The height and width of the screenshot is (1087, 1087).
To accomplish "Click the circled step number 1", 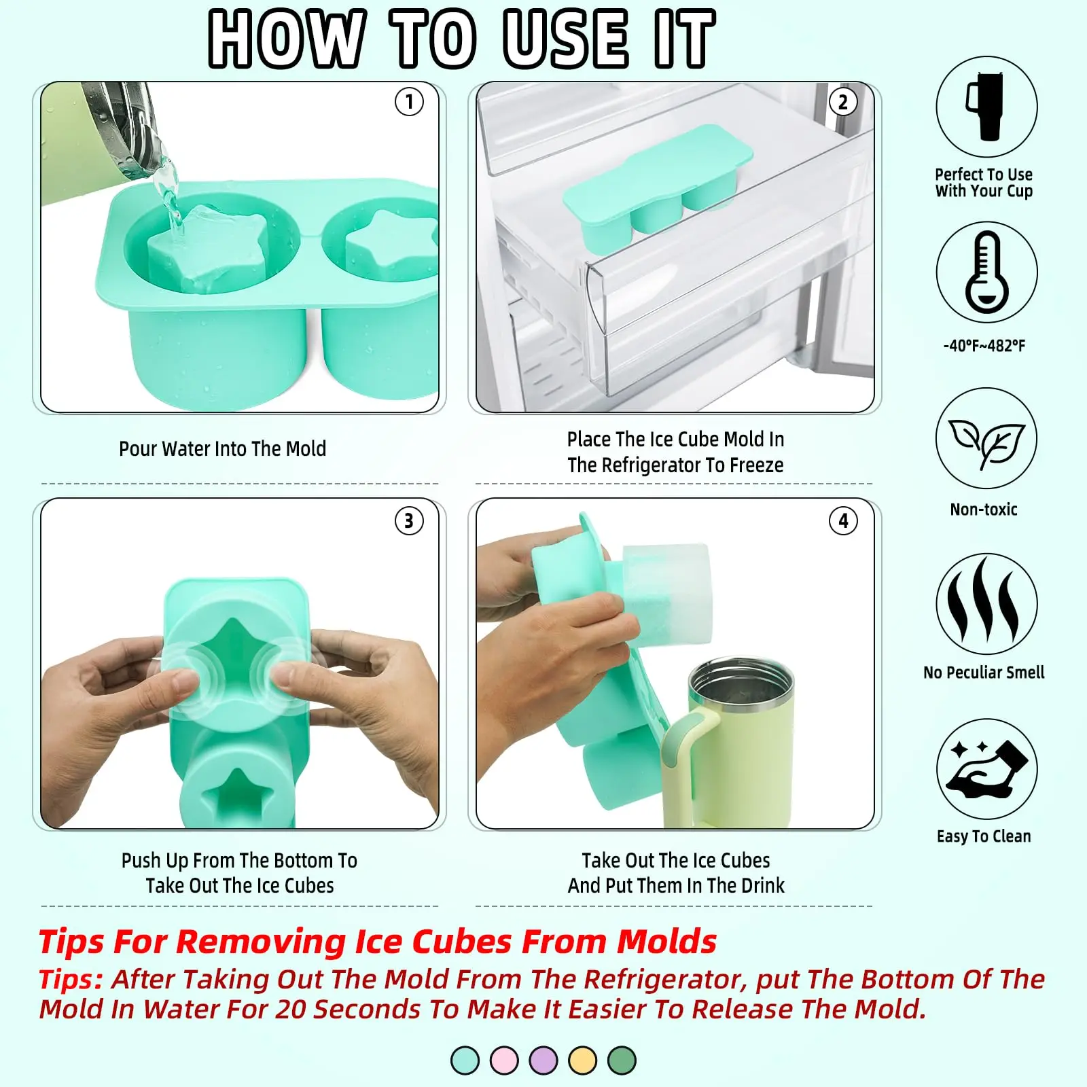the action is coord(409,102).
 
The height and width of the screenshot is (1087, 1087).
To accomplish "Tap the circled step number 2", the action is coord(843,102).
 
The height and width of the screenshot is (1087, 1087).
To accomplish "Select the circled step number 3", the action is coord(409,521).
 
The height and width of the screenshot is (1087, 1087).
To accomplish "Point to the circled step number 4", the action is coord(843,521).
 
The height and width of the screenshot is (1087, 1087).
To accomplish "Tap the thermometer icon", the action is coord(986,272).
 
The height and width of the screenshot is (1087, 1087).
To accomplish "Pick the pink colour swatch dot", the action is coord(504,1061).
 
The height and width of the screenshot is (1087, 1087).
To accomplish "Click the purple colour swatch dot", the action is coord(543,1061).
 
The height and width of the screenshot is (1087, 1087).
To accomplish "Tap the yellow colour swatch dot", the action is coord(583,1061).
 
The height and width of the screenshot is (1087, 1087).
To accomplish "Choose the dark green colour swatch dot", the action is coord(622,1061).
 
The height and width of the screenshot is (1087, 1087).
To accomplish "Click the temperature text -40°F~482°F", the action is coord(984,346).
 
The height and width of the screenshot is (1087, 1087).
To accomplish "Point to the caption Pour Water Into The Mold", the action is coord(222,448).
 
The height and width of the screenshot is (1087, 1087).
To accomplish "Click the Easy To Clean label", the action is coord(984,836).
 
